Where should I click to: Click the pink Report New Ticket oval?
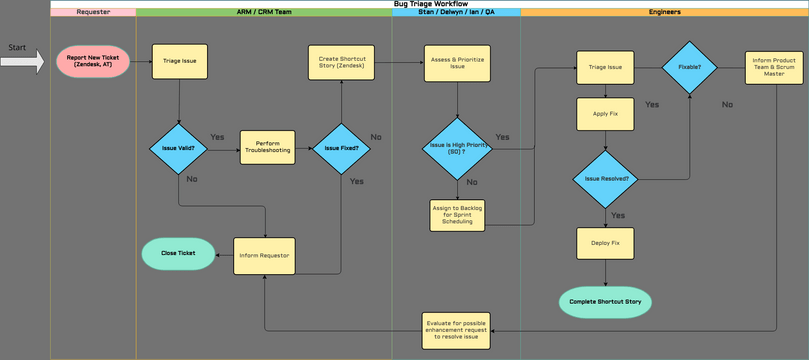92,62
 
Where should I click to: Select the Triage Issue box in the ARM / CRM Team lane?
179,61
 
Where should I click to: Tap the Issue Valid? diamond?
179,148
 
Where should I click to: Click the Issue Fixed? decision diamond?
341,148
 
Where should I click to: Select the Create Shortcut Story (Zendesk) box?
343,61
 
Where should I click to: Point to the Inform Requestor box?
264,255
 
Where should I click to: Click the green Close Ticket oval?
178,253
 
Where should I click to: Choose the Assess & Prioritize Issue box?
457,61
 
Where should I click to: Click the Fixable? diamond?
690,67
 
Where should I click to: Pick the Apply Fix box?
605,113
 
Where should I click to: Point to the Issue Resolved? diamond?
605,179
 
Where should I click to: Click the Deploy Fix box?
605,243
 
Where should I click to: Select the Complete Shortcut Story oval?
605,301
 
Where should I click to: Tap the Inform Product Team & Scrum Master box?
774,68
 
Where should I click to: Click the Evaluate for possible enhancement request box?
457,328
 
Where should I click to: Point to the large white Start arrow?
22,62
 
